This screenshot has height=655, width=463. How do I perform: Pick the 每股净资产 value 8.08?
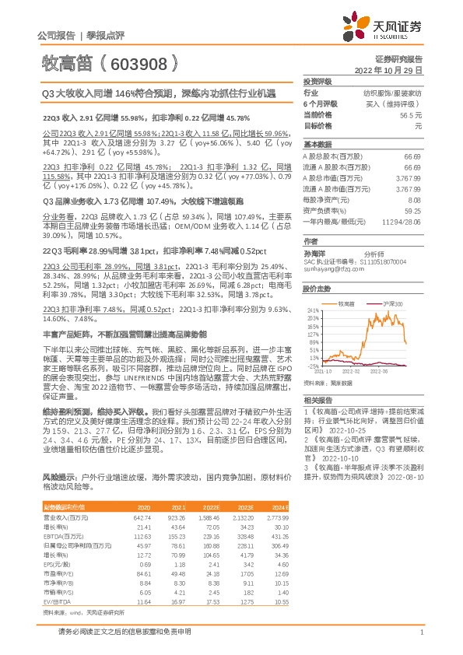[x=415, y=200]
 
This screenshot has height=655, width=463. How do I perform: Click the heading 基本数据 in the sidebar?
[x=317, y=145]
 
